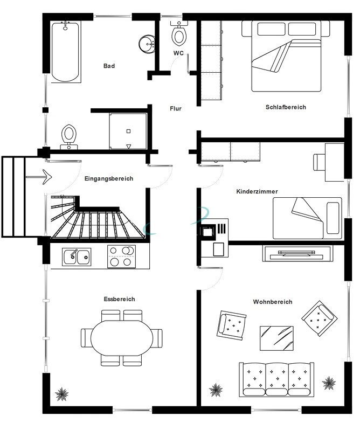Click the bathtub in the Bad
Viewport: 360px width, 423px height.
coord(66,52)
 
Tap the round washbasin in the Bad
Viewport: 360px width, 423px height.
coord(147,44)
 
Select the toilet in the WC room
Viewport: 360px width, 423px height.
coord(179,33)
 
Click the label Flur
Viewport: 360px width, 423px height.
coord(176,109)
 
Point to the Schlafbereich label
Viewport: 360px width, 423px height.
coord(286,107)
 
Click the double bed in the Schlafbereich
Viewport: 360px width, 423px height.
coord(286,56)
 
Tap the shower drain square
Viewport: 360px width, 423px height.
coord(128,131)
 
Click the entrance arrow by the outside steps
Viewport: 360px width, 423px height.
coord(39,177)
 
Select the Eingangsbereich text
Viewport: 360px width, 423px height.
coord(109,178)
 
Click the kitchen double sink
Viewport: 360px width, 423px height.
coord(77,257)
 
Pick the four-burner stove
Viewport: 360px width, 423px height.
coord(121,256)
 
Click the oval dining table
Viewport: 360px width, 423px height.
coord(122,338)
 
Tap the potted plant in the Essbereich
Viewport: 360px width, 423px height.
coord(62,394)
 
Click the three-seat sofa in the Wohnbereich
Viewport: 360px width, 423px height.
coord(276,379)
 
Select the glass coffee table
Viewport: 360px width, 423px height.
coord(276,338)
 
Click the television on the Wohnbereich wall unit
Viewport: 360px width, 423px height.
coord(296,253)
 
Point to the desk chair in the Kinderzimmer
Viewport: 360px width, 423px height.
coord(320,162)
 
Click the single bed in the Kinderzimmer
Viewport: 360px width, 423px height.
coord(307,218)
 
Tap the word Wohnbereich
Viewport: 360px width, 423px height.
coord(273,302)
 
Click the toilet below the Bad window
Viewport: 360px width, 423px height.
coord(69,137)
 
